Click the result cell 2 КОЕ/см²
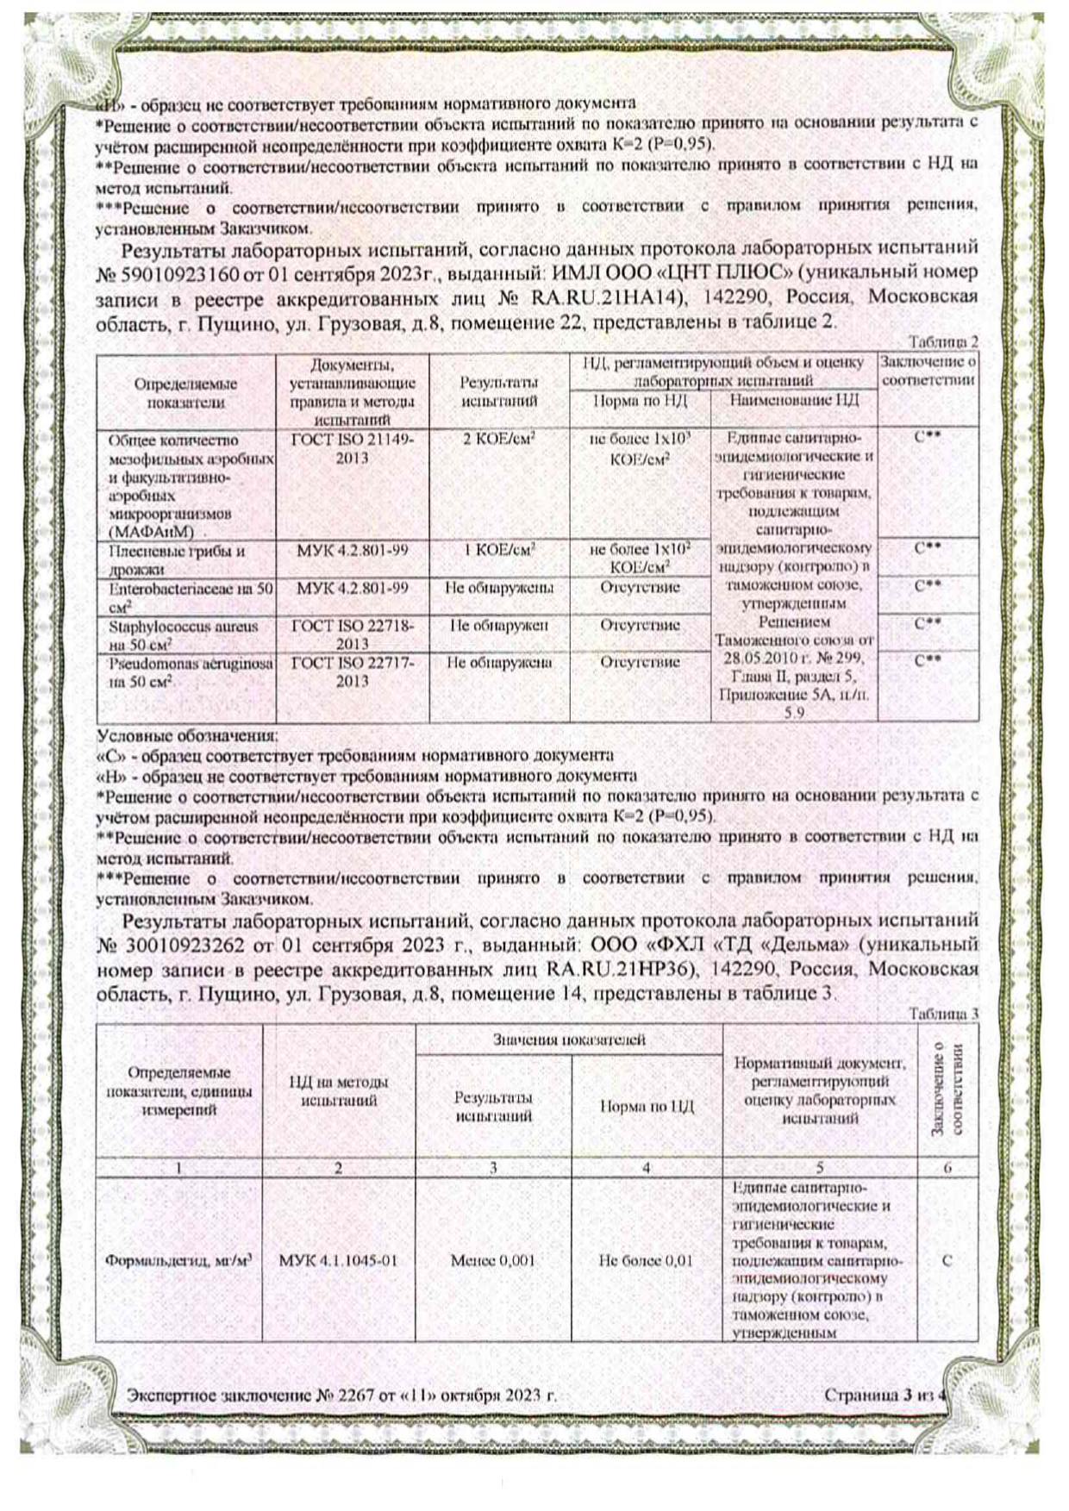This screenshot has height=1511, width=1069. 499,439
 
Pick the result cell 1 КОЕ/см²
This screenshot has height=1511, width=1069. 499,549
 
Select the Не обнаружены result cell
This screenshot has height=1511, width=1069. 499,588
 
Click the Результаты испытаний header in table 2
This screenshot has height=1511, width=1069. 499,391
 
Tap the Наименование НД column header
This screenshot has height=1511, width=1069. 793,400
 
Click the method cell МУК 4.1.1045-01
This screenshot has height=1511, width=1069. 338,1260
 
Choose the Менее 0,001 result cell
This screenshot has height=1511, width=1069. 493,1260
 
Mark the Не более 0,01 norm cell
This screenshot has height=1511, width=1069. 646,1260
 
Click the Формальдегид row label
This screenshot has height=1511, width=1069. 178,1260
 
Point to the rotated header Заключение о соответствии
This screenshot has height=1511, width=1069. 947,1090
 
